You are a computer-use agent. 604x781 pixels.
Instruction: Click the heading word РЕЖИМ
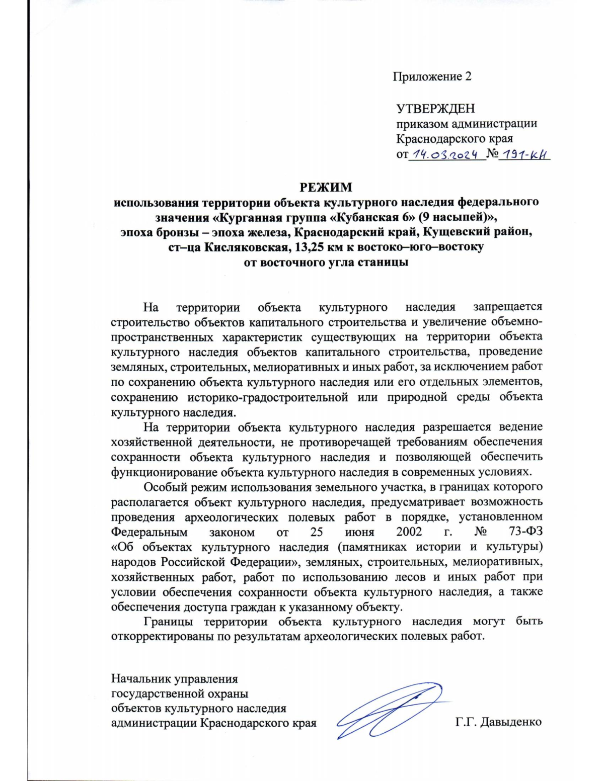click(326, 187)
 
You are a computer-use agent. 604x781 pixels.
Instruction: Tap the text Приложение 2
click(432, 76)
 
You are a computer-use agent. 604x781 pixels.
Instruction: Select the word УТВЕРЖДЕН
click(435, 109)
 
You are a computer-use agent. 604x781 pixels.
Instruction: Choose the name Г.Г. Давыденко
click(498, 722)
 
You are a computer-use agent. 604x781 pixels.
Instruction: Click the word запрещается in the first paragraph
click(507, 307)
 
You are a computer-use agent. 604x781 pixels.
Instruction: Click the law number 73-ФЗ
click(526, 532)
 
